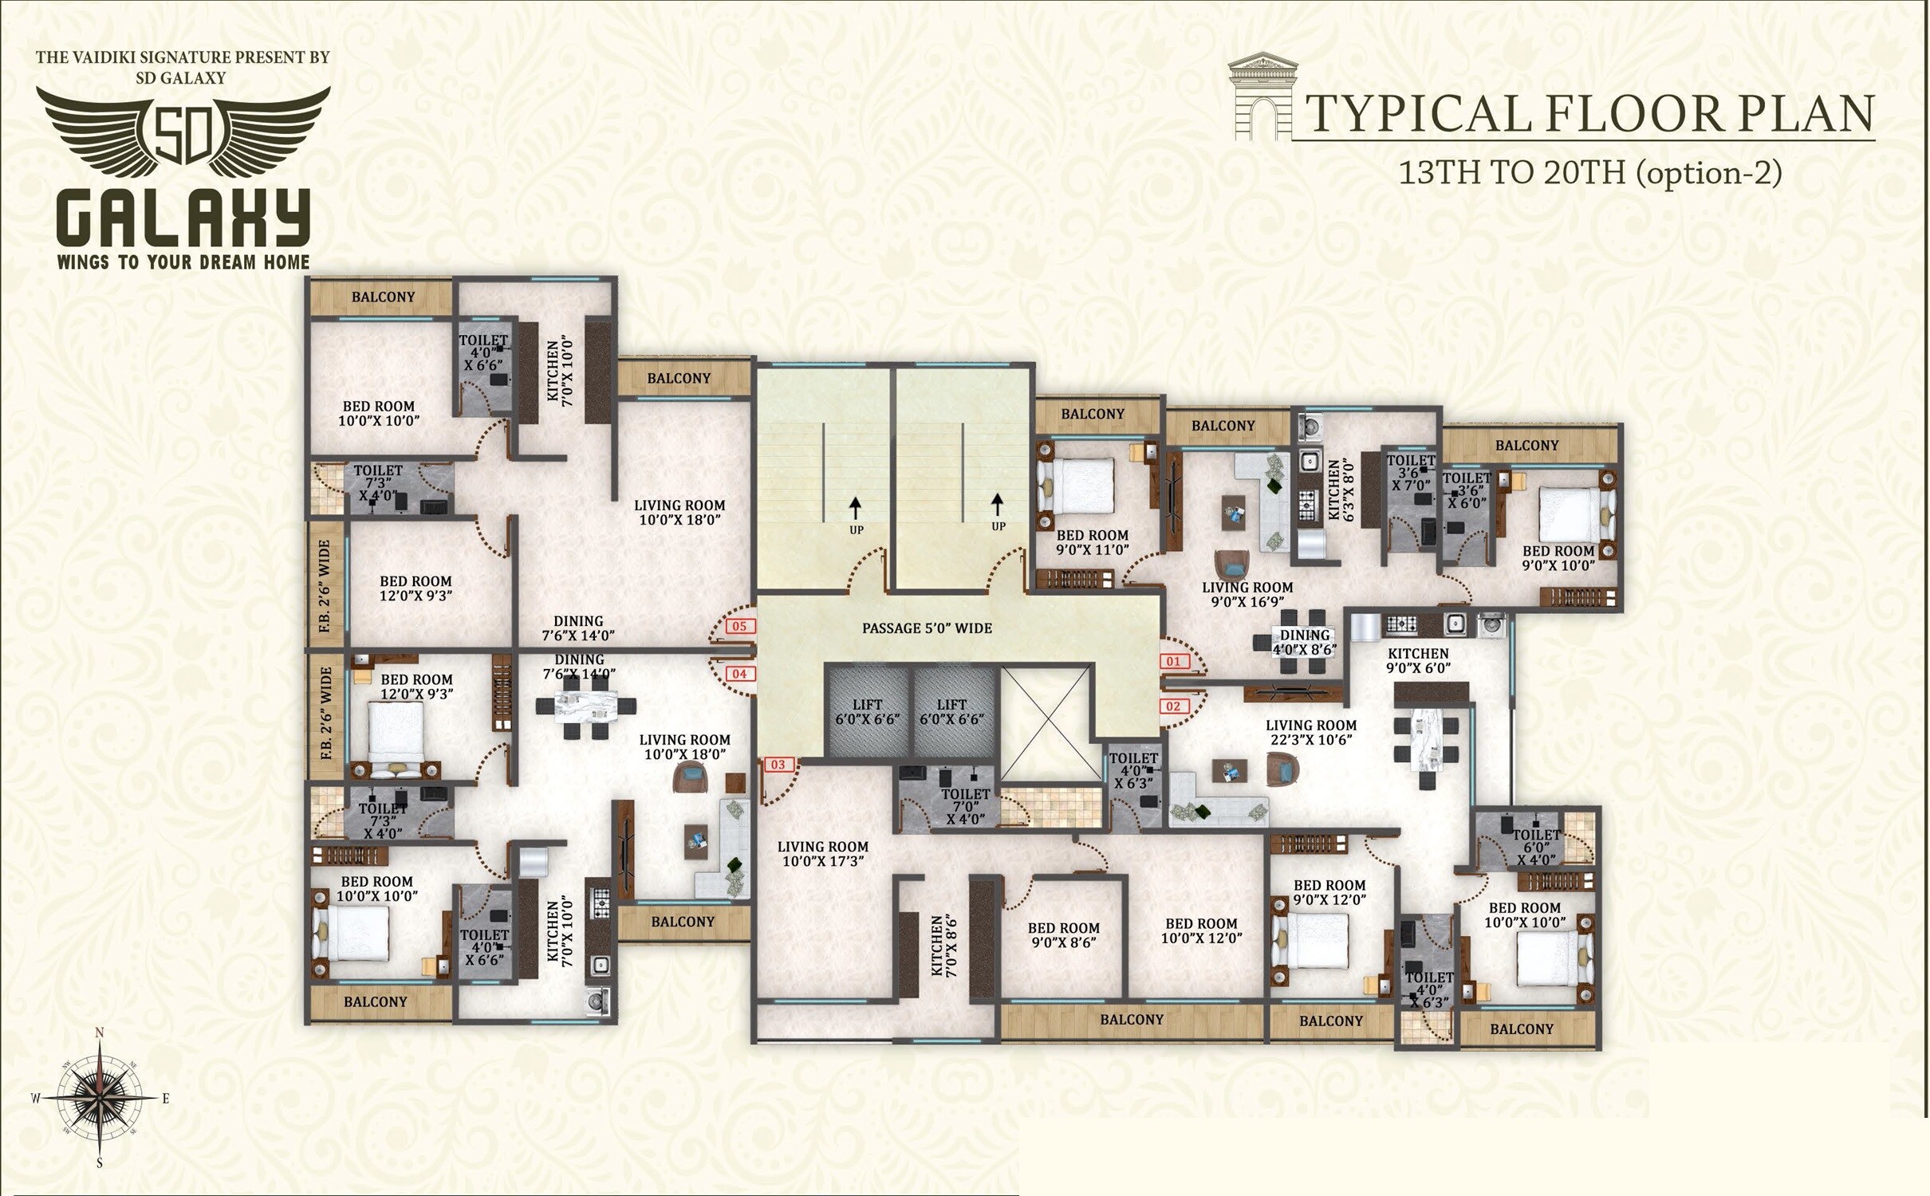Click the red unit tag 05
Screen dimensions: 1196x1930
click(x=739, y=626)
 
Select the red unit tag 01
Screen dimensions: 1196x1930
click(x=1173, y=661)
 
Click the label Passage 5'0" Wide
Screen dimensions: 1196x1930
click(x=927, y=628)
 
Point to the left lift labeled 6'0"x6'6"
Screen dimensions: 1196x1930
click(x=867, y=711)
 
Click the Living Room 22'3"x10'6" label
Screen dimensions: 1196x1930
click(x=1310, y=732)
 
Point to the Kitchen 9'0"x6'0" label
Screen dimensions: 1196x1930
click(x=1417, y=660)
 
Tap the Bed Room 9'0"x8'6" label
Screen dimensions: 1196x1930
click(x=1063, y=934)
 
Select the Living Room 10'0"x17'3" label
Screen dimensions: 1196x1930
click(x=822, y=854)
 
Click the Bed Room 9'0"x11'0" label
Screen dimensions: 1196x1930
click(x=1092, y=542)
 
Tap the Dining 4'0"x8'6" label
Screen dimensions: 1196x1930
click(x=1305, y=642)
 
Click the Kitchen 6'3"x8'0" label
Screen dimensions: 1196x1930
click(x=1339, y=490)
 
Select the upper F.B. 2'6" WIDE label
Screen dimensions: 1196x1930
click(x=325, y=585)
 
